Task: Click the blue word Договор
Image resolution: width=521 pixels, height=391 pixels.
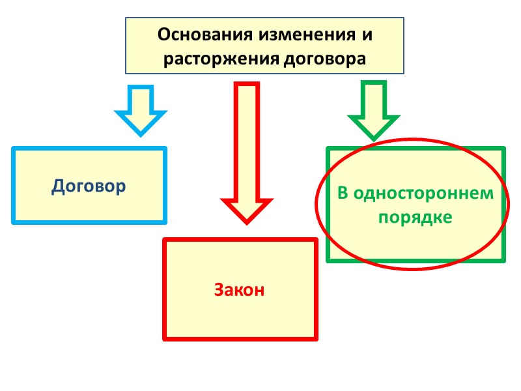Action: (x=89, y=186)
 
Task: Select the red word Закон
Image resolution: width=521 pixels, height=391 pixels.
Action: (x=240, y=290)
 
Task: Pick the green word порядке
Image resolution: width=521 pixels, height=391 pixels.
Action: (x=415, y=217)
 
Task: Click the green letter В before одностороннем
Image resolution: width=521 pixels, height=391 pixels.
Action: (x=343, y=194)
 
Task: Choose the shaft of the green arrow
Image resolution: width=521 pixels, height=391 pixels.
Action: (x=373, y=98)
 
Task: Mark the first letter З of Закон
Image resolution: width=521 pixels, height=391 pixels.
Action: (x=218, y=290)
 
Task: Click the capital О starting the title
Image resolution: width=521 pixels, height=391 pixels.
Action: (x=163, y=33)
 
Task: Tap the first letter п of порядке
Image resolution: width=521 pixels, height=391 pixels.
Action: (x=383, y=218)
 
